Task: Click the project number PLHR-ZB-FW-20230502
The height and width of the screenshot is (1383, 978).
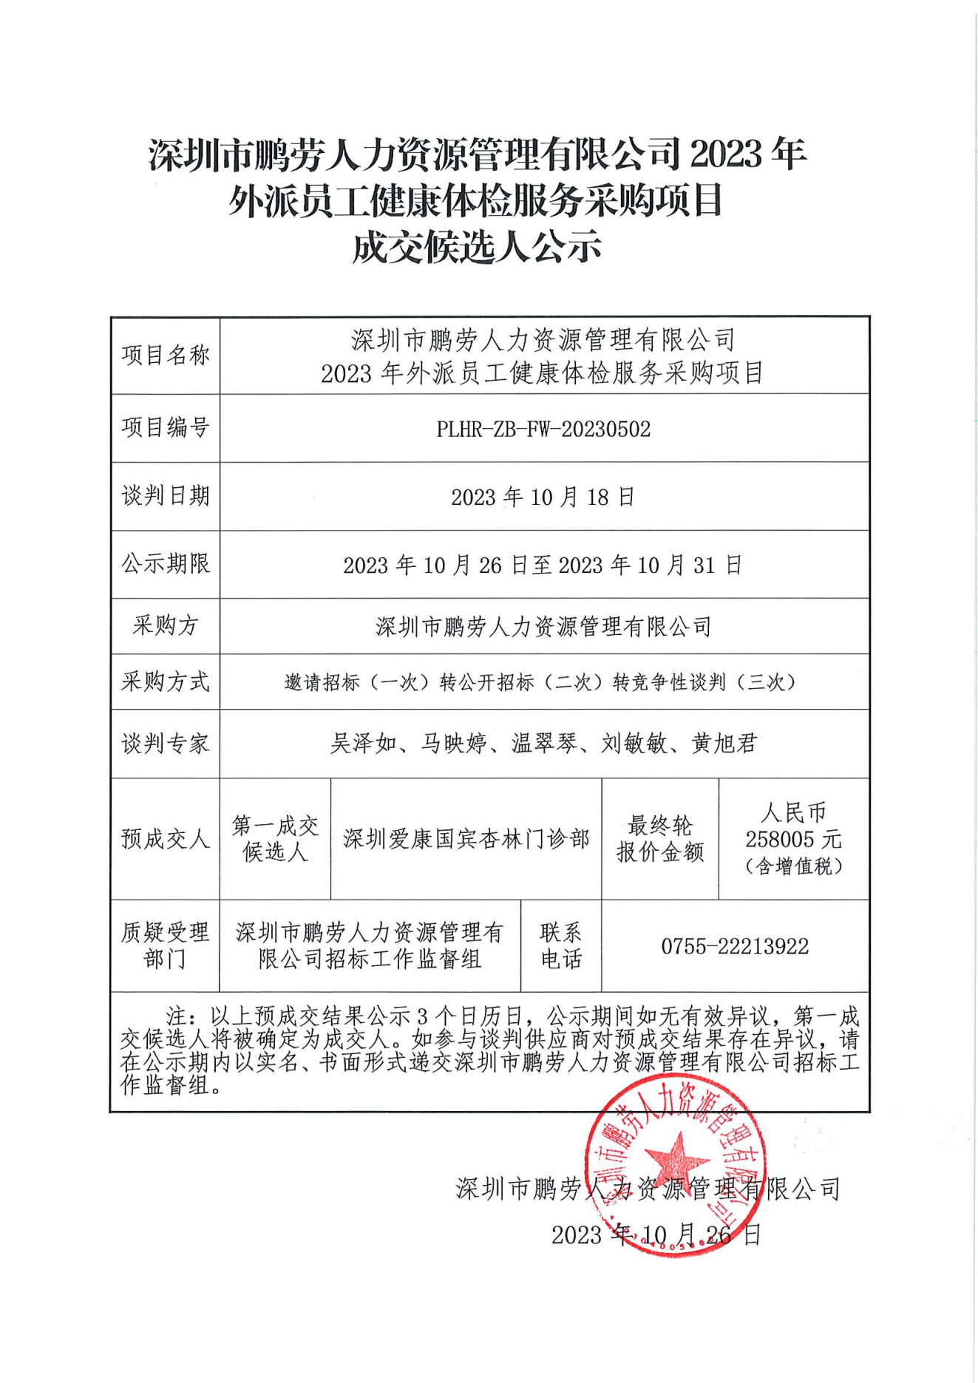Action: (543, 429)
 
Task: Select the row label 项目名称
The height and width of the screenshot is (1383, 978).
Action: (166, 356)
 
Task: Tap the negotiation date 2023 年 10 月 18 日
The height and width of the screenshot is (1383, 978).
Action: (543, 497)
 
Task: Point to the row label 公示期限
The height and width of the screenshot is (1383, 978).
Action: (166, 564)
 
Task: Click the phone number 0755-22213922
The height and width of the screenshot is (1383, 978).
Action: (735, 946)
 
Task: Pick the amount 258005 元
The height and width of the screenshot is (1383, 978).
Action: (793, 839)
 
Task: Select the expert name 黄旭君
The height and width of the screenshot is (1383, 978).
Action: (724, 743)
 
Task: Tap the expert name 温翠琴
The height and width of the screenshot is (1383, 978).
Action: (544, 743)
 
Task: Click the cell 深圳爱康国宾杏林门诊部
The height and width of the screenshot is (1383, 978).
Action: (466, 839)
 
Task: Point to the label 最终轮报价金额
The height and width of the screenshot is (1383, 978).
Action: (660, 839)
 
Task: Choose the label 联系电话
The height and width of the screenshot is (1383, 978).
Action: (561, 946)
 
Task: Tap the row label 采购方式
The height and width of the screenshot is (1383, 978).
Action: (166, 682)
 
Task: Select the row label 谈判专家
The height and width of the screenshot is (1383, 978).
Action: (166, 744)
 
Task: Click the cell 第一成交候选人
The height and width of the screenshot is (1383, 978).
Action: (275, 839)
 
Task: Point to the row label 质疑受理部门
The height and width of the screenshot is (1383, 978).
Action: (166, 946)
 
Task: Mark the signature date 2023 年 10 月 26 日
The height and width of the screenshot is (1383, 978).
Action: (656, 1234)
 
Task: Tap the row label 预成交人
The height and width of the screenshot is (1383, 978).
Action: (166, 839)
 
